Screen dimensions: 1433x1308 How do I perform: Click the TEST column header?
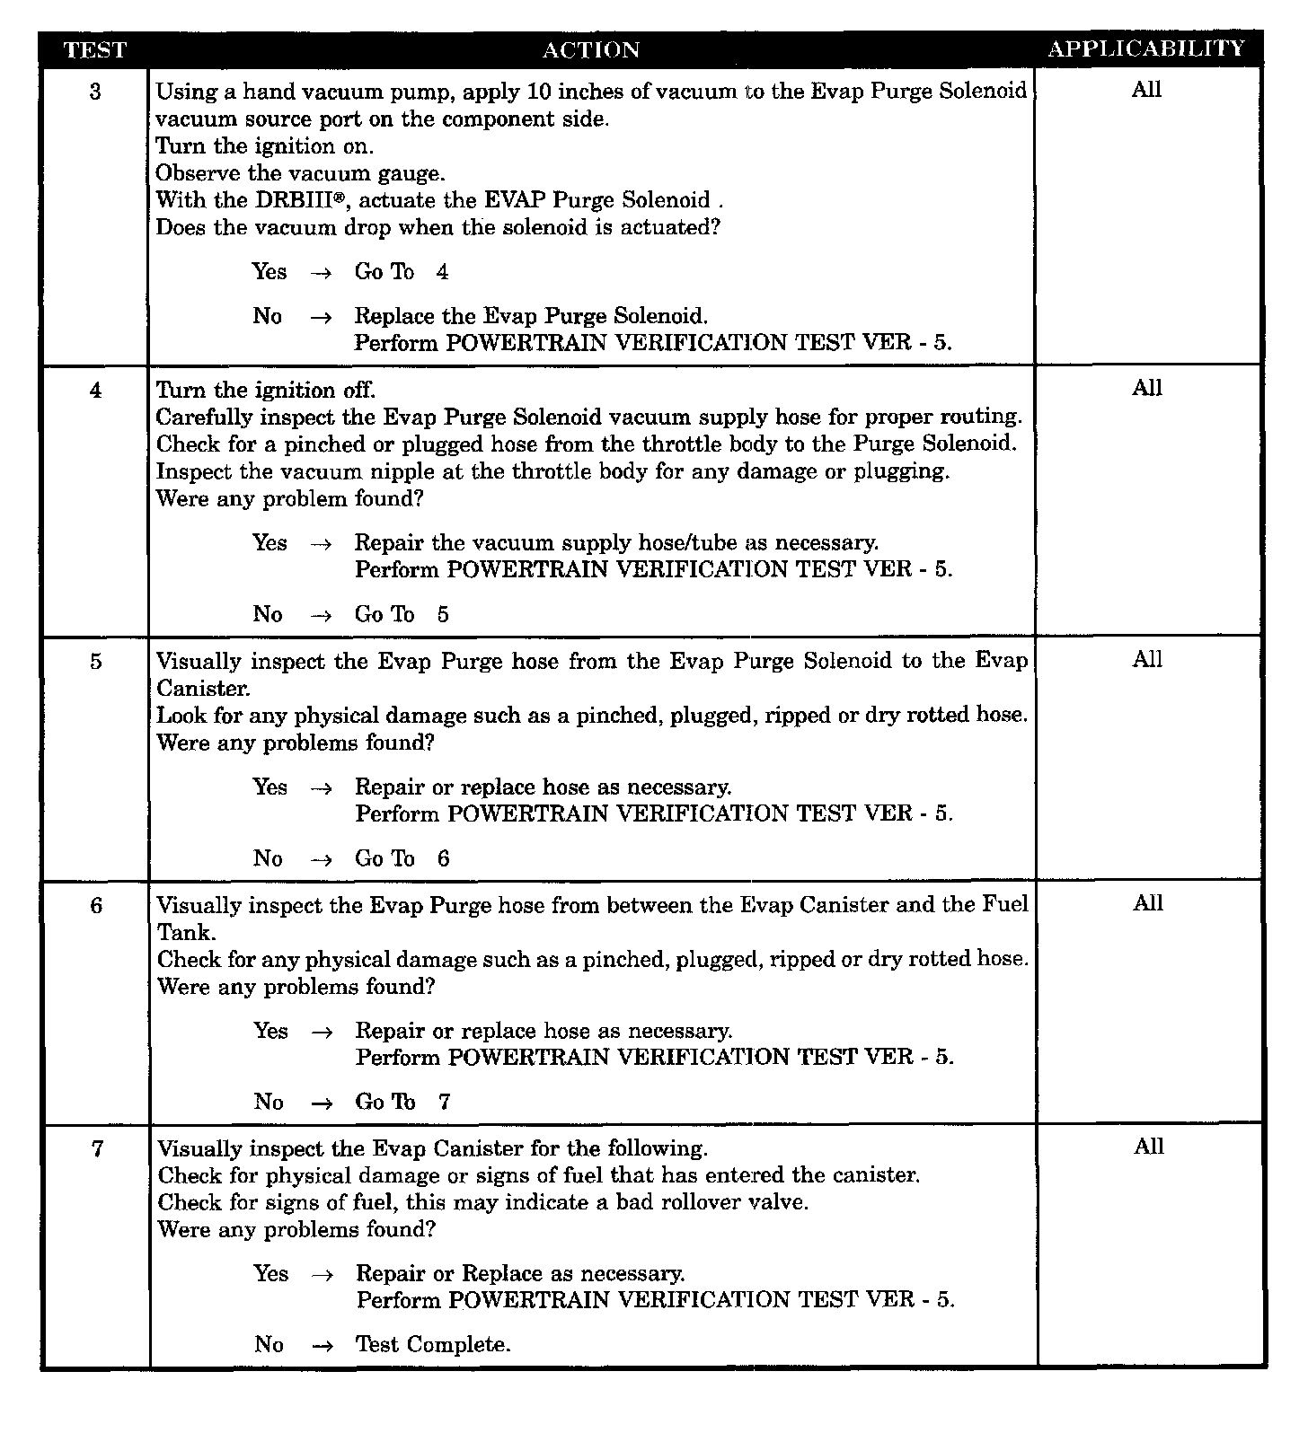tap(94, 50)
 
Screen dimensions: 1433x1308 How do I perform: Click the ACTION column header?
tap(591, 50)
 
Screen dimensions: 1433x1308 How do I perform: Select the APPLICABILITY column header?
tap(1146, 49)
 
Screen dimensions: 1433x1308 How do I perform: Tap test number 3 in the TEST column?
tap(95, 92)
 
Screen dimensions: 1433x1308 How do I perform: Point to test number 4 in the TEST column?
tap(95, 391)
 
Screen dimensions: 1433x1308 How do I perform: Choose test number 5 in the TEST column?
tap(95, 662)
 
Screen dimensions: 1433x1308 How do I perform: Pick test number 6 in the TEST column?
tap(96, 906)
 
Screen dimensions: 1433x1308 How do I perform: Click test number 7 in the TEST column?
tap(97, 1149)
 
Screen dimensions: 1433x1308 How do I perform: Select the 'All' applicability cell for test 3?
tap(1146, 90)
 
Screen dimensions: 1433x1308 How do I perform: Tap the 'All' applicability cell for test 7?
tap(1149, 1147)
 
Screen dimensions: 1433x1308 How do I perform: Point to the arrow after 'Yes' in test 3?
tap(321, 273)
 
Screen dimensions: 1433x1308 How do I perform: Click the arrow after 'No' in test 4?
tap(321, 616)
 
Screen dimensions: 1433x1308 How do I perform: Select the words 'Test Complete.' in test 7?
tap(433, 1345)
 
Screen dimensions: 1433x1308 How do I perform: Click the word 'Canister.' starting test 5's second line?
tap(203, 689)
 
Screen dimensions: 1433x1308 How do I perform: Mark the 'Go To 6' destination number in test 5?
tap(444, 859)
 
